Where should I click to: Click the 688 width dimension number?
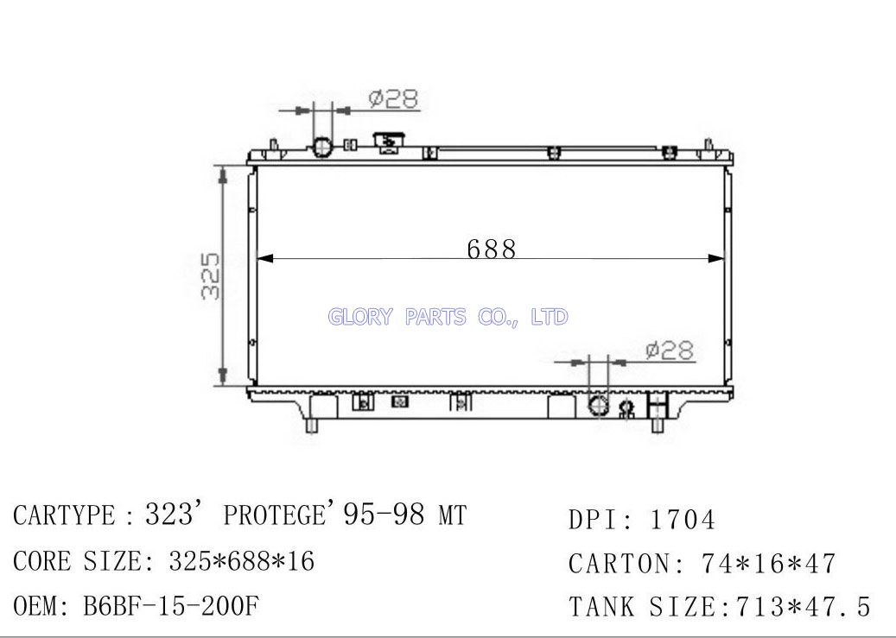click(492, 249)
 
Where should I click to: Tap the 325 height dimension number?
click(210, 276)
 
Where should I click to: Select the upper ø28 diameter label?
click(393, 98)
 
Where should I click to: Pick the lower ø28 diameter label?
click(669, 351)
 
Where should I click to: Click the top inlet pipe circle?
click(322, 147)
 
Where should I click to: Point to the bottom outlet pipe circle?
click(599, 405)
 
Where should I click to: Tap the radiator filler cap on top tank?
click(388, 142)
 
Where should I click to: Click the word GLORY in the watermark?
click(360, 317)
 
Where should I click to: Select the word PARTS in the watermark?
click(435, 317)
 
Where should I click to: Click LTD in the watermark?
click(550, 317)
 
